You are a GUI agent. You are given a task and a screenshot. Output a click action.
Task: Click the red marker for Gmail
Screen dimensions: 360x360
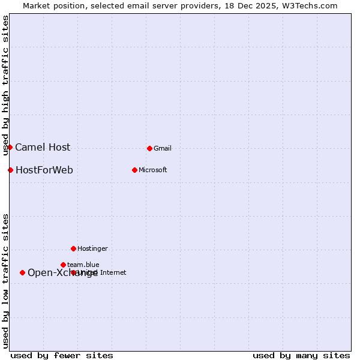[149, 148]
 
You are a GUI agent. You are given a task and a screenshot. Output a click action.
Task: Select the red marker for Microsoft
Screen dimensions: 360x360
[134, 170]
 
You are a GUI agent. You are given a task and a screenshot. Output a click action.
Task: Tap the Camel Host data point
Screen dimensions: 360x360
[10, 147]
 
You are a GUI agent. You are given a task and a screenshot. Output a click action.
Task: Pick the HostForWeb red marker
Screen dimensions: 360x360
[10, 170]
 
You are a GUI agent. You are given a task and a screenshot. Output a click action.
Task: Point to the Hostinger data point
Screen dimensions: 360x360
[73, 248]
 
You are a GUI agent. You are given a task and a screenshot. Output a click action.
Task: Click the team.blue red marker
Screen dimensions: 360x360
[63, 265]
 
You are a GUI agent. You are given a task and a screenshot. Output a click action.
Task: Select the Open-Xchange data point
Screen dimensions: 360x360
[22, 272]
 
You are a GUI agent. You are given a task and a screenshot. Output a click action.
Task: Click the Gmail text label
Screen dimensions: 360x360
[163, 148]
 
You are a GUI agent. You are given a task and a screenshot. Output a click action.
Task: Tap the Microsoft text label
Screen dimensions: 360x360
[153, 170]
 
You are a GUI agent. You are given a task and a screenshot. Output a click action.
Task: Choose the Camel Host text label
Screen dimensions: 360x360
[43, 147]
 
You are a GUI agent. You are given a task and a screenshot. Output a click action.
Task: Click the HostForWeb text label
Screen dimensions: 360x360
[44, 170]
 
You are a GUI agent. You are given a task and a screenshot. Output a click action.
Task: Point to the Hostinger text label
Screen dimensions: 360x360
[92, 248]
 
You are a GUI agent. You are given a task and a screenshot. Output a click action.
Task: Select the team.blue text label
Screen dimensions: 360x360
[83, 265]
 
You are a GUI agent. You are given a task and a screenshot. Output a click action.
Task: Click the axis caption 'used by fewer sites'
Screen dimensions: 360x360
[62, 355]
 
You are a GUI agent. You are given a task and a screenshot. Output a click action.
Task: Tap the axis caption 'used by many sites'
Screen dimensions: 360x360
[301, 355]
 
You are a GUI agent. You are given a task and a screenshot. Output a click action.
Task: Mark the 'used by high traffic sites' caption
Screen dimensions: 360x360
[5, 85]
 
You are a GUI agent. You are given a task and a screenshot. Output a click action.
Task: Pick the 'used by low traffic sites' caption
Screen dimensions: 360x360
[5, 280]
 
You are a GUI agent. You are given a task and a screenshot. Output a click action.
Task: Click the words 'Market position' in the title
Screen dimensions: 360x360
[53, 5]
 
